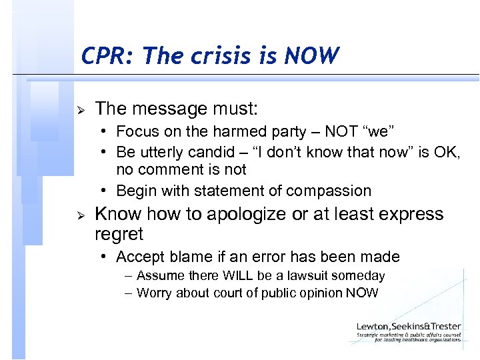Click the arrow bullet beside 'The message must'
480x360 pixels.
pos(82,109)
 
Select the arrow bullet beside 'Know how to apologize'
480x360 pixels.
pos(82,215)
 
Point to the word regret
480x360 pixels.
pos(119,235)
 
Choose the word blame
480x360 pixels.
pos(191,257)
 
